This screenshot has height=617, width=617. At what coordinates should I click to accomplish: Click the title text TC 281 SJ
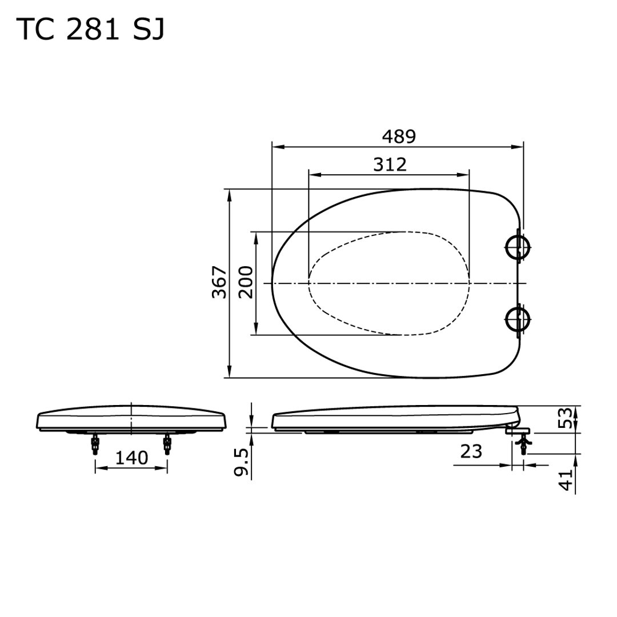tap(91, 30)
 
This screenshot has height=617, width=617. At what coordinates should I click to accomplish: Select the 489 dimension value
tap(399, 137)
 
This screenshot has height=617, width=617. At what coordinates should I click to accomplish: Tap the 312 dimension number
tap(390, 165)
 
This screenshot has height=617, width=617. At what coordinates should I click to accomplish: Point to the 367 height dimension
tap(219, 282)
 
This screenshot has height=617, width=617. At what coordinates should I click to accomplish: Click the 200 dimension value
tap(246, 282)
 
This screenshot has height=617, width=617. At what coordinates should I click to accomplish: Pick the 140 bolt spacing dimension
tap(131, 458)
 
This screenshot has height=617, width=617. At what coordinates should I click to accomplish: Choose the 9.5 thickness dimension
tap(241, 462)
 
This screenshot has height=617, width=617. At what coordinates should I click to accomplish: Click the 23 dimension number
tap(471, 452)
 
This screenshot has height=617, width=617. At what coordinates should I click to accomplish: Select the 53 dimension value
tap(566, 419)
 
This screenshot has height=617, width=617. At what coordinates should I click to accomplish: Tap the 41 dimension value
tap(566, 480)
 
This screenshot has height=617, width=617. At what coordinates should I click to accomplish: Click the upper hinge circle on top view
tap(518, 248)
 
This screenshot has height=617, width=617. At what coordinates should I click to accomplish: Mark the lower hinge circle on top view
tap(518, 318)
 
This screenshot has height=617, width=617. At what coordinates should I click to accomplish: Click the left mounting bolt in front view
tap(95, 443)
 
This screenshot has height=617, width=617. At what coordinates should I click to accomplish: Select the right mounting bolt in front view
tap(167, 443)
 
